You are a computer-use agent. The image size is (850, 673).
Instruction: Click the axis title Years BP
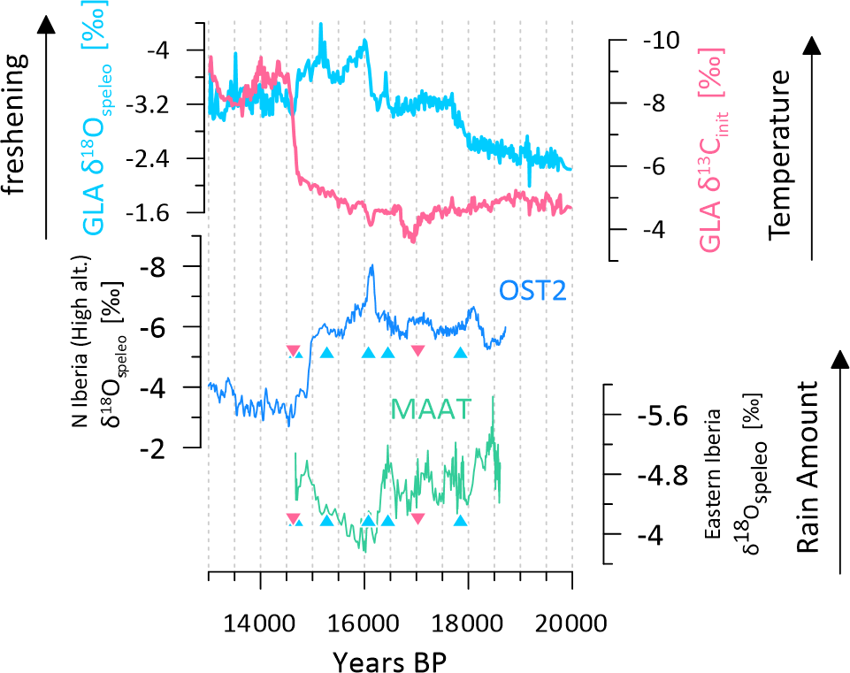click(x=396, y=660)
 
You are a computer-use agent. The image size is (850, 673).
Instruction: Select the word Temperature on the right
click(x=779, y=157)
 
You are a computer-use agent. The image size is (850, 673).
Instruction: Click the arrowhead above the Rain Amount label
click(x=840, y=358)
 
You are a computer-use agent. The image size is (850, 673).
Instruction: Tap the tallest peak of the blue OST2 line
click(x=372, y=265)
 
